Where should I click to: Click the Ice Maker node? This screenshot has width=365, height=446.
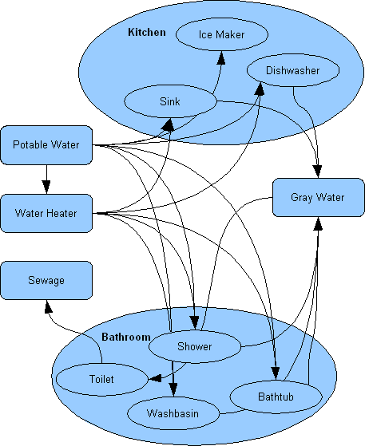[x=222, y=34]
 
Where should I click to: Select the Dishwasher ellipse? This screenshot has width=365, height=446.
[x=293, y=70]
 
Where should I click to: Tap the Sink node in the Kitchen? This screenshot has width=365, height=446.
[x=170, y=101]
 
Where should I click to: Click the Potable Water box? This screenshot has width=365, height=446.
[x=46, y=145]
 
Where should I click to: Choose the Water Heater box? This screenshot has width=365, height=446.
[x=46, y=213]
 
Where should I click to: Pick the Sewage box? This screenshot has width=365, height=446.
[x=46, y=281]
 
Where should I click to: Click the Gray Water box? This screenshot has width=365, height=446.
[x=319, y=197]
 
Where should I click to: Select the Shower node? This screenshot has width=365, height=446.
[x=195, y=346]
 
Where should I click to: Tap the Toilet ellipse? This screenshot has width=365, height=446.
[x=101, y=379]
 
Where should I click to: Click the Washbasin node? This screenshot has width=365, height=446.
[x=173, y=413]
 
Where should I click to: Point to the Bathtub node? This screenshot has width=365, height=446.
[x=276, y=397]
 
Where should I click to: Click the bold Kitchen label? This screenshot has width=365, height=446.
[x=147, y=32]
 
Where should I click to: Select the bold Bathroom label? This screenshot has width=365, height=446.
[x=126, y=337]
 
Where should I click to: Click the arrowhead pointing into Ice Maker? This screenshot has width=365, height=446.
[x=221, y=57]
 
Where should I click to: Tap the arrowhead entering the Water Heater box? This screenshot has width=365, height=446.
[x=46, y=187]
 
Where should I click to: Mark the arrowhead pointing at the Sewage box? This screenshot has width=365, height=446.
[x=49, y=307]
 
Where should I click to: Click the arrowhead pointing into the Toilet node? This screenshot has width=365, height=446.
[x=155, y=379]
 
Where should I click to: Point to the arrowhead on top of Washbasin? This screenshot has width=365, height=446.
[x=173, y=390]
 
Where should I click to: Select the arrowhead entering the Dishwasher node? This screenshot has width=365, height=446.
[x=260, y=89]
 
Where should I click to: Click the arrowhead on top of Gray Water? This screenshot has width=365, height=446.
[x=319, y=172]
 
